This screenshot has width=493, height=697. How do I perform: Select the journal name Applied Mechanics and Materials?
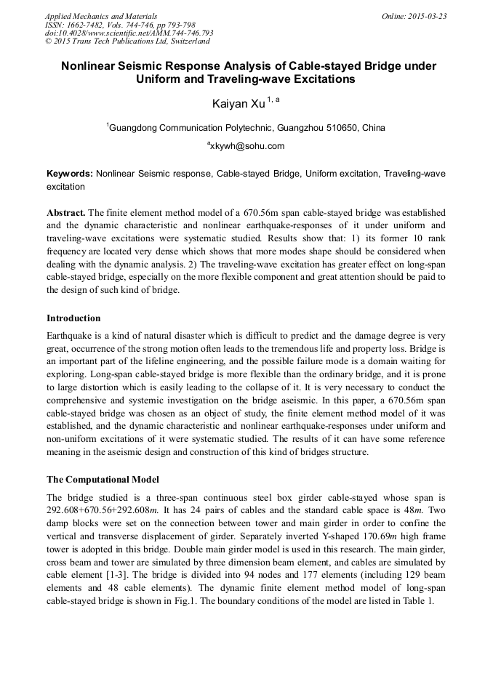(101, 16)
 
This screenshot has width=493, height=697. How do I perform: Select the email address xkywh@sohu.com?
(247, 146)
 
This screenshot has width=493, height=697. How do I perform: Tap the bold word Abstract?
(66, 213)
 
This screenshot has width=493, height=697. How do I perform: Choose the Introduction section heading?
(73, 318)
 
